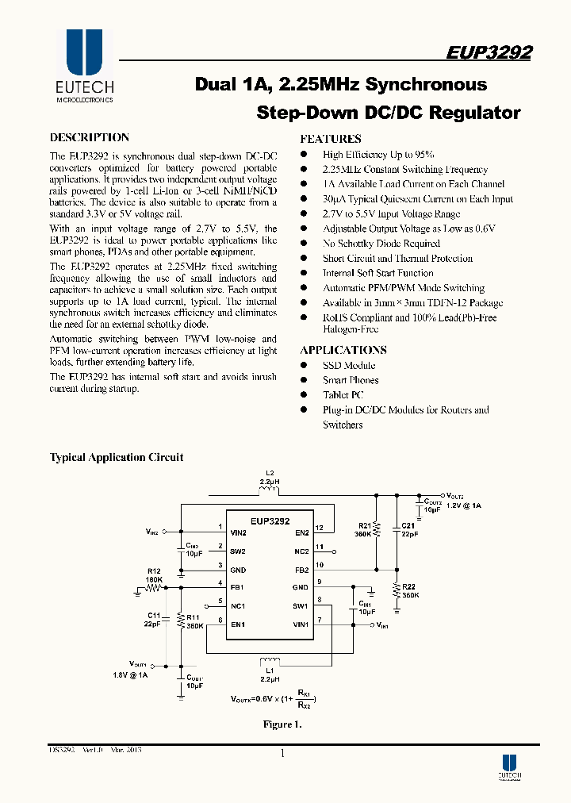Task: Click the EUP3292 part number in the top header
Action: point(489,52)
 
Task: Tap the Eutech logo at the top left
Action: point(84,65)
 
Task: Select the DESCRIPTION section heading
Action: point(90,137)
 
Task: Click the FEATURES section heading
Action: point(331,138)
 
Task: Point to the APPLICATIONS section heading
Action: point(343,350)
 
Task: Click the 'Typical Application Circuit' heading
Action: point(117,458)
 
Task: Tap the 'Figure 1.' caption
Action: point(282,724)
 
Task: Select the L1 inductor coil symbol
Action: point(270,661)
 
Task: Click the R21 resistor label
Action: point(365,525)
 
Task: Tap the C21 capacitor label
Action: point(408,525)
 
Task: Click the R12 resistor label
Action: point(154,571)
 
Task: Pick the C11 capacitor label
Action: point(154,616)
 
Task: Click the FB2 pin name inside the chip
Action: point(301,570)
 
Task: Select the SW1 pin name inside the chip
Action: point(301,606)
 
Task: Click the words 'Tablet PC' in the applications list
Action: point(343,395)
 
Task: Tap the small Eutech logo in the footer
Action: point(509,764)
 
